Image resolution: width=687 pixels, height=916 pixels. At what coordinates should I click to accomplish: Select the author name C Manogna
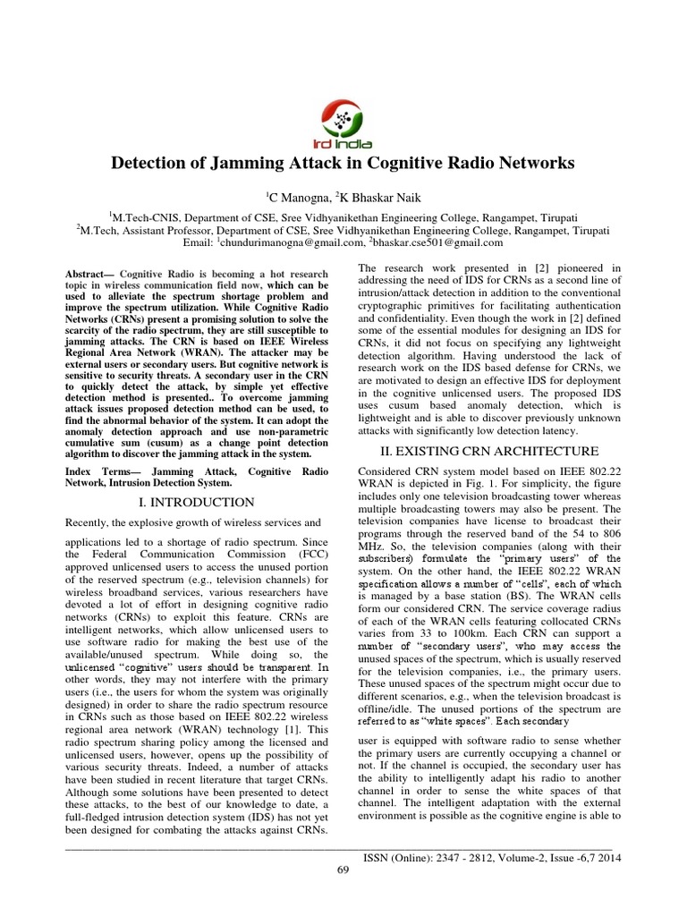(x=298, y=195)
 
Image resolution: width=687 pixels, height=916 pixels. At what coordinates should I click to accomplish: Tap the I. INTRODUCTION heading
(x=199, y=502)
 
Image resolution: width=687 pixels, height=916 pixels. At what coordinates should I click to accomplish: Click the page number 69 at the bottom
(x=343, y=871)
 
